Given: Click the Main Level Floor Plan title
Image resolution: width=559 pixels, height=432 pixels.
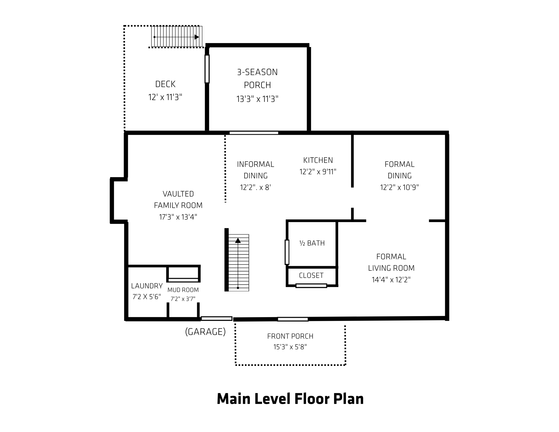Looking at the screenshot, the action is click(290, 399).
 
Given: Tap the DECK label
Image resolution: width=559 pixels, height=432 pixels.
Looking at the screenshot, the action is click(165, 84).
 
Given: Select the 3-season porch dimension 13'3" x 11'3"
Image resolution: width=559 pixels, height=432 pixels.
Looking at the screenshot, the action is click(257, 99).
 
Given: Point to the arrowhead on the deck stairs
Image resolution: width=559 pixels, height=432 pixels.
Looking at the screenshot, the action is click(197, 37).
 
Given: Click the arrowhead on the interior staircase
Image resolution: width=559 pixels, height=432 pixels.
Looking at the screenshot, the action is click(238, 241).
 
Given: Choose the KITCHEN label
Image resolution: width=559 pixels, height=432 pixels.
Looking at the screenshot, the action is click(318, 160).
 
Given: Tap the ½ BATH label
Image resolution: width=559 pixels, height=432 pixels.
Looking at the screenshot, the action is click(312, 243).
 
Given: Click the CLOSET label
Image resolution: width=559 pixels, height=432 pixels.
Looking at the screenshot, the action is click(311, 276).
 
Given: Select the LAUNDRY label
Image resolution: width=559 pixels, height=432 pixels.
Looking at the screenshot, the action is click(147, 286).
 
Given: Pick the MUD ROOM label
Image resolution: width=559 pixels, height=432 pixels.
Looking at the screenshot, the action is click(183, 290).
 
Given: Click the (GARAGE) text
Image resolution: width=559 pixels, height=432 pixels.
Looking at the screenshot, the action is click(205, 332).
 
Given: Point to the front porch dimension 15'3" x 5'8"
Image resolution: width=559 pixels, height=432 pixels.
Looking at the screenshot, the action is click(290, 347).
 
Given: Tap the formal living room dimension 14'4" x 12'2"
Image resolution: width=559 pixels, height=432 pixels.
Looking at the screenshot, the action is click(391, 280).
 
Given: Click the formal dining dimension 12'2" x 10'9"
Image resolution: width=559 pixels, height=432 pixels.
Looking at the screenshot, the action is click(399, 187).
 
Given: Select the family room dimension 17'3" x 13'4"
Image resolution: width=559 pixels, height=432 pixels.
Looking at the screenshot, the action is click(178, 217).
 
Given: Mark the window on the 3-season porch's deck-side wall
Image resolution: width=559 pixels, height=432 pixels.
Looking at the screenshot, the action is click(207, 69).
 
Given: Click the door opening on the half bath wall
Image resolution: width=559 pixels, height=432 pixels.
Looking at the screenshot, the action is click(287, 252).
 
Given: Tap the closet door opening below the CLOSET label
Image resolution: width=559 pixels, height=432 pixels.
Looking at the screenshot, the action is click(311, 286).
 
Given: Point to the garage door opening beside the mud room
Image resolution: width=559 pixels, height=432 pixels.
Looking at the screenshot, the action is click(217, 319).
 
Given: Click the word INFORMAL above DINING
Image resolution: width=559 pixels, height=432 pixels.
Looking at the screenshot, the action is click(256, 164).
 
